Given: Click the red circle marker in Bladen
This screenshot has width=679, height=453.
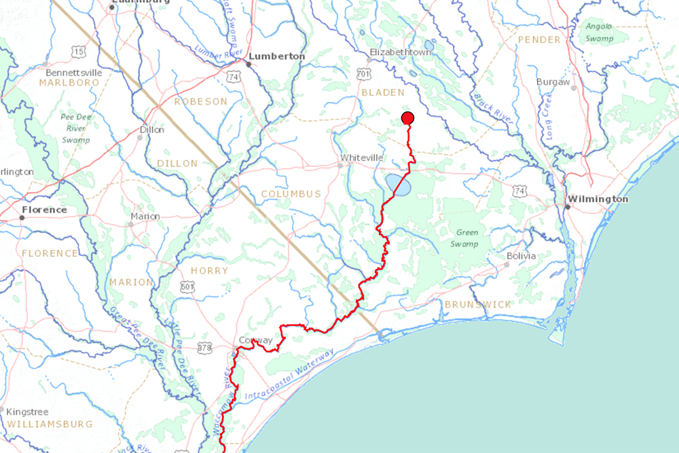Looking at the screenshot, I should pyautogui.click(x=408, y=118).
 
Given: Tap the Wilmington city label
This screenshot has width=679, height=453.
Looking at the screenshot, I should pyautogui.click(x=598, y=199).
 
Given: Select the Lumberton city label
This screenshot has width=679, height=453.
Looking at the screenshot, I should pyautogui.click(x=277, y=56).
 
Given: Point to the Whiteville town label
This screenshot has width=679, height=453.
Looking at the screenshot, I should pyautogui.click(x=362, y=158).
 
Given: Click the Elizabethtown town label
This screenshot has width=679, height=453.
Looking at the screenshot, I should pyautogui.click(x=400, y=52).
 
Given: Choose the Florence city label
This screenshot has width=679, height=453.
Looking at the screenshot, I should pyautogui.click(x=44, y=210).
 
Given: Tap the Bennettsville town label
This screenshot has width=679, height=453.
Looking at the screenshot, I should pyautogui.click(x=73, y=72).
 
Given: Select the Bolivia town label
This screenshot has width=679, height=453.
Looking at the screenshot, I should pyautogui.click(x=521, y=256).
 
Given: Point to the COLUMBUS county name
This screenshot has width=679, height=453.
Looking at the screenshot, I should pyautogui.click(x=291, y=194).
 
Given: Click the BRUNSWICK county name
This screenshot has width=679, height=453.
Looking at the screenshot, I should pyautogui.click(x=477, y=304).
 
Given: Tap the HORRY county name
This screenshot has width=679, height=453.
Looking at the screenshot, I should pyautogui.click(x=210, y=270).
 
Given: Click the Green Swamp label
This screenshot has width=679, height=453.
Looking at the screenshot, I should pyautogui.click(x=467, y=237).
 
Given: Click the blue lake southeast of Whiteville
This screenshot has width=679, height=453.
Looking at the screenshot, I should pyautogui.click(x=398, y=184).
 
